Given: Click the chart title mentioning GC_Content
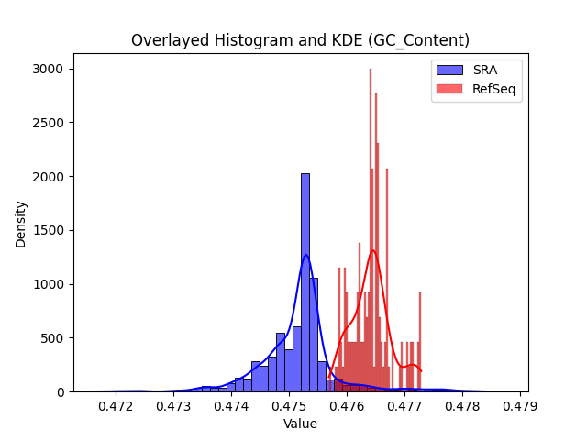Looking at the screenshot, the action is click(300, 40).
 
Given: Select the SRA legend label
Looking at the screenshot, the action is click(485, 70).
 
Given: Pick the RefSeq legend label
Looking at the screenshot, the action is click(493, 89).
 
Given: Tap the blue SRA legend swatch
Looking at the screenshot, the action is click(449, 70).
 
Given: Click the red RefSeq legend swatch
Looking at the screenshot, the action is click(449, 89).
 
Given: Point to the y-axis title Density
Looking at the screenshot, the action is click(20, 225).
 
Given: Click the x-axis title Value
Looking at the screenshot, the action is click(300, 423).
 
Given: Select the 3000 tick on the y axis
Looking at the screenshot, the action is click(48, 70).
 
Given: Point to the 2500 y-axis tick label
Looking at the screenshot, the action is click(48, 123).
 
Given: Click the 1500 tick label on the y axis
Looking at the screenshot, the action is click(48, 230).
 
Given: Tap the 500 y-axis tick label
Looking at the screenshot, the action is click(52, 338).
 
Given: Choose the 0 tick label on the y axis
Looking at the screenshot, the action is click(61, 392).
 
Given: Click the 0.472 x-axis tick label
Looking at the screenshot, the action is click(116, 406).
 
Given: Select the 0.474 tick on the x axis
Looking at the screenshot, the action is click(231, 406).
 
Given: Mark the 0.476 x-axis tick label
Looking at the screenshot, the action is click(347, 406).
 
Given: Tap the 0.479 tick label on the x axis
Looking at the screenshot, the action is click(520, 406).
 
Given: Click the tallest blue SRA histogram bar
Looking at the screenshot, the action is click(305, 283).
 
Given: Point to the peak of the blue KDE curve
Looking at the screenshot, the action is click(305, 255).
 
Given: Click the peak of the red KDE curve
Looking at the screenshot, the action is click(373, 250).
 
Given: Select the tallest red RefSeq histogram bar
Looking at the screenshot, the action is click(371, 230).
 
